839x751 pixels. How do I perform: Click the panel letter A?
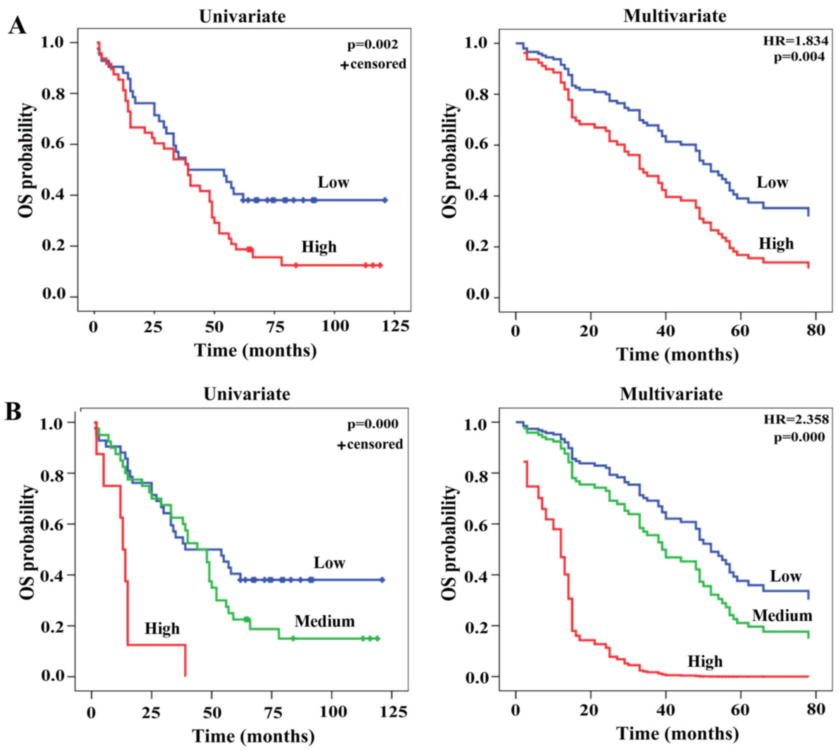pos(17,27)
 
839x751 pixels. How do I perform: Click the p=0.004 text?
pos(799,57)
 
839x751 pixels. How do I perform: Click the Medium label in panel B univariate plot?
pos(324,621)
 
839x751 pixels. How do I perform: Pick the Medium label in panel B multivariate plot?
pos(782,616)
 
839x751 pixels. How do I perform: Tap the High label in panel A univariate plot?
pos(319,247)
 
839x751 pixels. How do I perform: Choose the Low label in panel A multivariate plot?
pos(772,182)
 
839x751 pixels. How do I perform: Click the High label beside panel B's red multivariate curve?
pos(705,661)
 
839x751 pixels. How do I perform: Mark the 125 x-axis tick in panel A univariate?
pos(395,326)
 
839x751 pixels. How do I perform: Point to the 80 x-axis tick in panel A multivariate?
pos(815,330)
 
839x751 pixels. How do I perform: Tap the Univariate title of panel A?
pos(242,17)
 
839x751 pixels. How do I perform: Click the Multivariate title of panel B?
pos(671,394)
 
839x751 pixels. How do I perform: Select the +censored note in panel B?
pos(370,444)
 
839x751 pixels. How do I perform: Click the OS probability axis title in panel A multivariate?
pos(450,161)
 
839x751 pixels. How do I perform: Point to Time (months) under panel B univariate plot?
pos(253,736)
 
